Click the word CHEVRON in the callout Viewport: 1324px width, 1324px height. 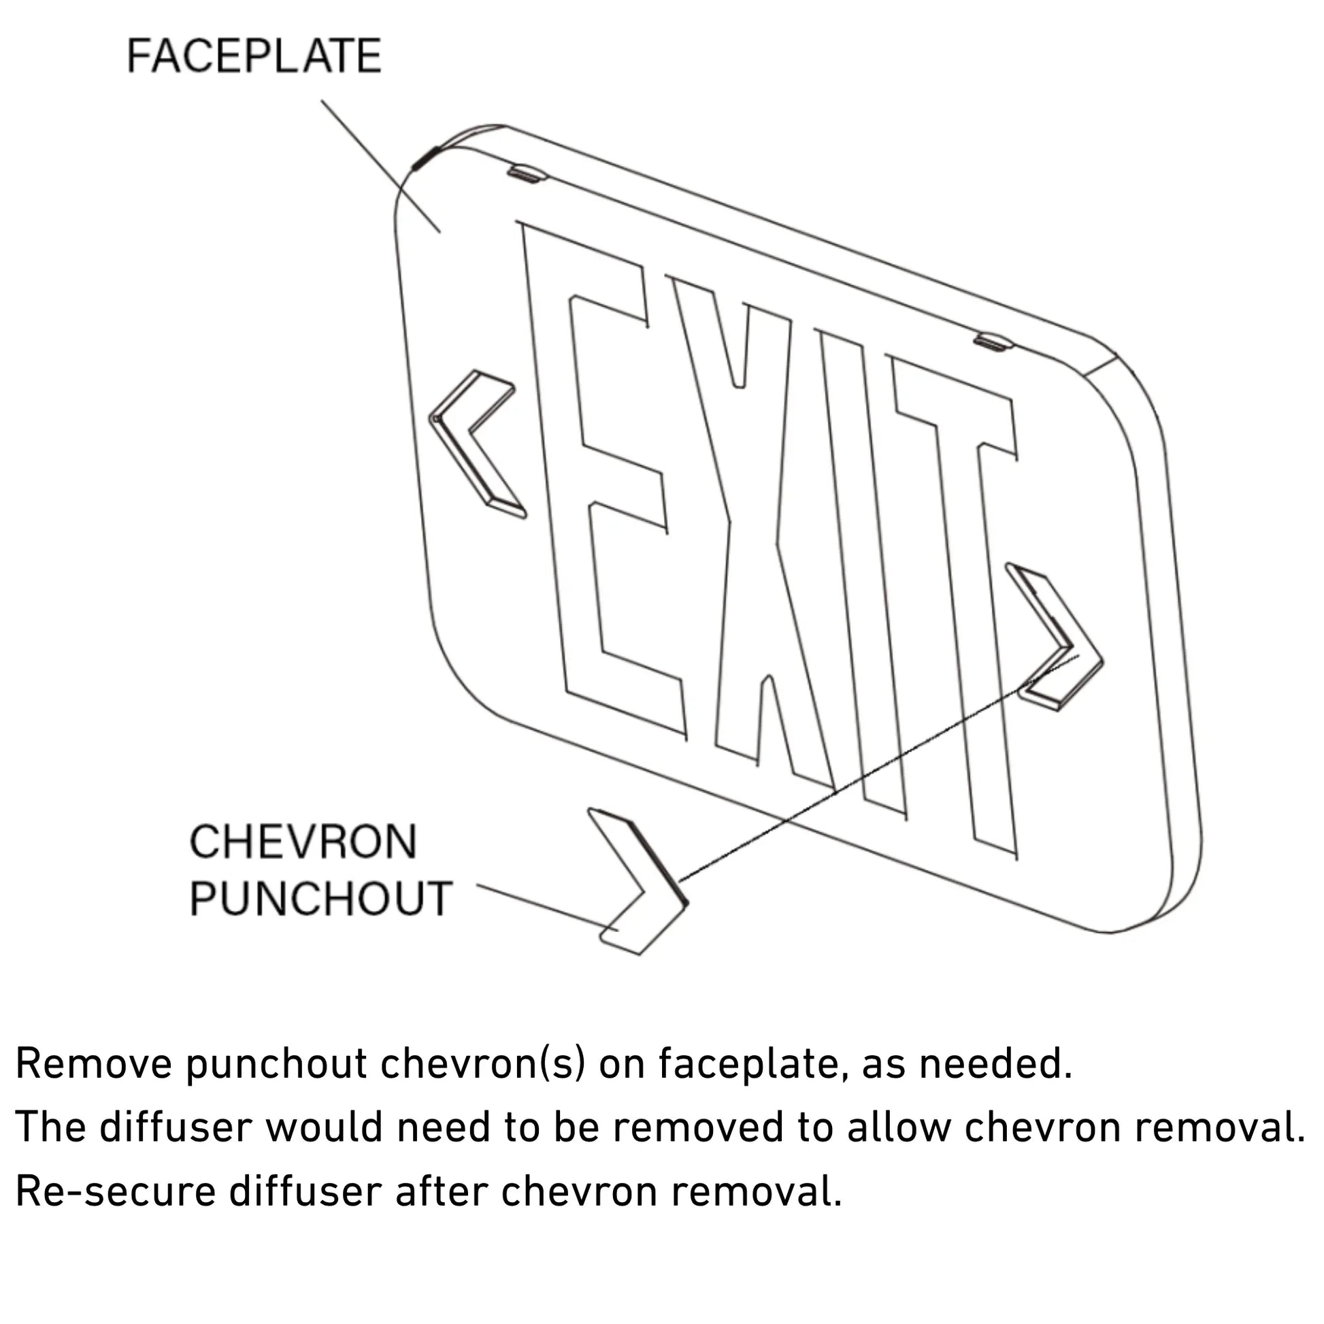click(303, 842)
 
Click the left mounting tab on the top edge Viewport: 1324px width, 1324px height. click(527, 172)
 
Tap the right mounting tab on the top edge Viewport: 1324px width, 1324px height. click(995, 342)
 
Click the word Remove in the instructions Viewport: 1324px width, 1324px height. click(94, 1064)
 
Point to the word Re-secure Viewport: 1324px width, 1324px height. click(116, 1192)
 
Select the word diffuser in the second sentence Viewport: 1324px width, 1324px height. click(176, 1127)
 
